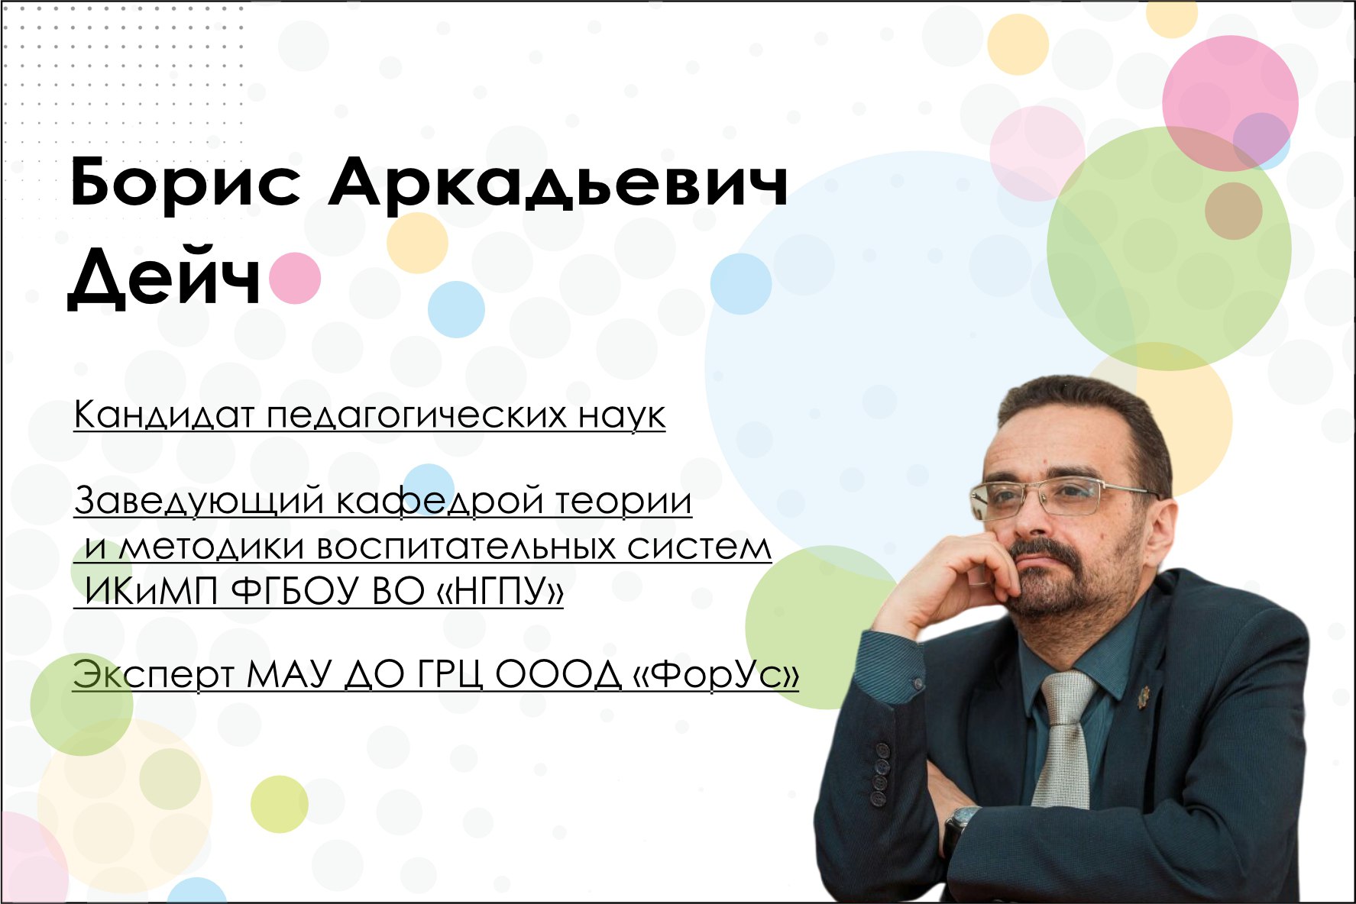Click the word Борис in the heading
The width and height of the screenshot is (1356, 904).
click(x=185, y=184)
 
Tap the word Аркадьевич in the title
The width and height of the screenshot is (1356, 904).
click(x=558, y=184)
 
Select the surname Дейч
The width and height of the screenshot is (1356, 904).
click(x=164, y=277)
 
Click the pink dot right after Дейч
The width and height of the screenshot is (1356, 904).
click(x=294, y=279)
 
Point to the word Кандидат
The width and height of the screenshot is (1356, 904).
click(x=163, y=415)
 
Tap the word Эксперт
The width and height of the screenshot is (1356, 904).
click(x=154, y=675)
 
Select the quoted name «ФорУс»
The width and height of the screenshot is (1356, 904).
click(x=716, y=675)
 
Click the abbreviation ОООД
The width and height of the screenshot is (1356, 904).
click(x=558, y=675)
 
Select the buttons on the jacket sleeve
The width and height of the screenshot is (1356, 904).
click(x=881, y=773)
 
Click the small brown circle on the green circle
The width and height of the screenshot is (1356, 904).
click(x=1233, y=211)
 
